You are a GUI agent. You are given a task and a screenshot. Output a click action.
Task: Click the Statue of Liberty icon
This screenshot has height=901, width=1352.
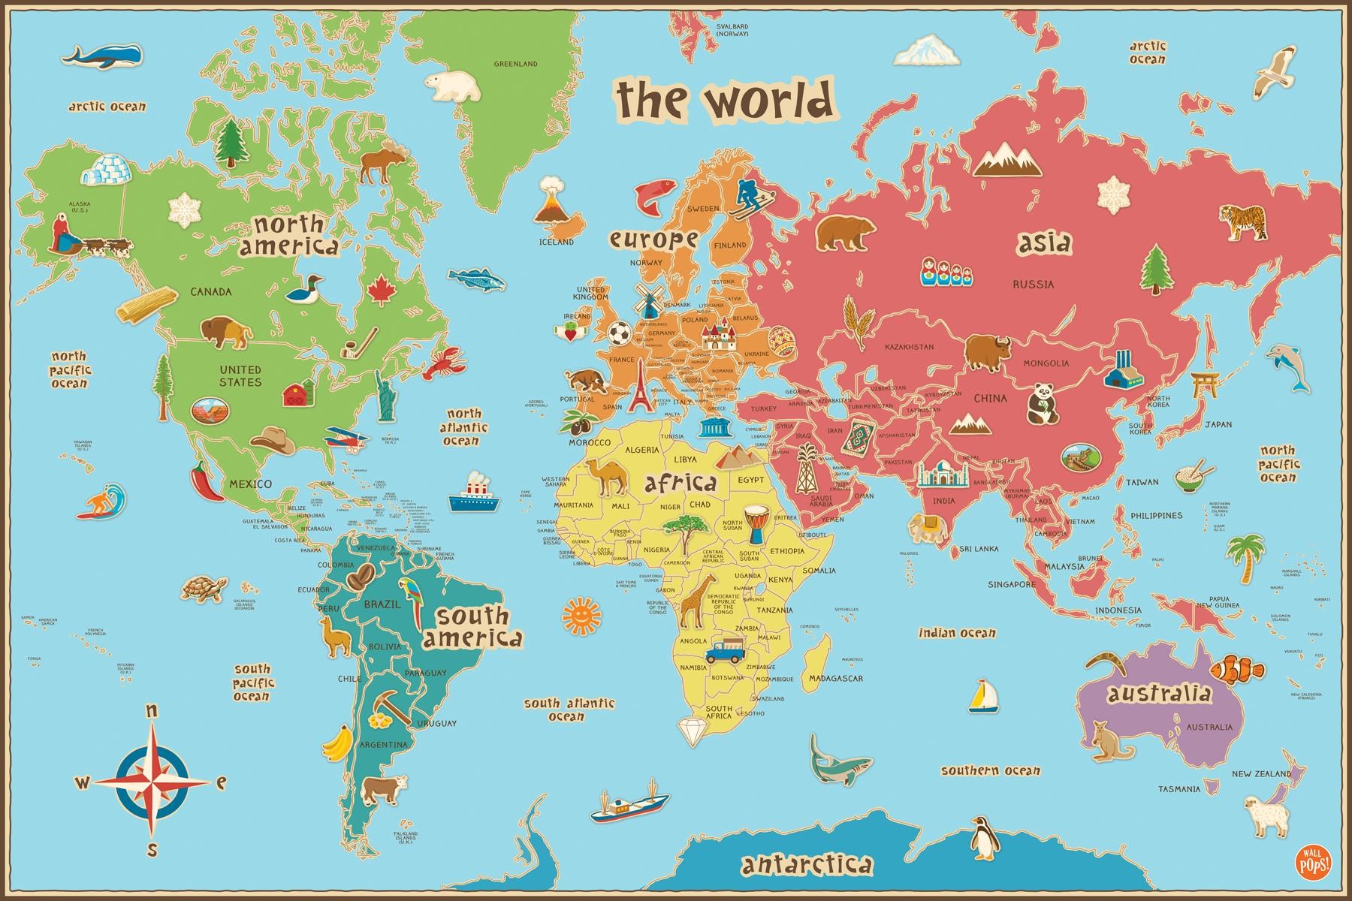pos(386,395)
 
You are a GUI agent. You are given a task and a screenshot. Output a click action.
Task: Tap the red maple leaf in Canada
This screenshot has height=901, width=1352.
pos(382,289)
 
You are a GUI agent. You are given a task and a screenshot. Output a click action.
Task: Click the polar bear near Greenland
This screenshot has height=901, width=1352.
pos(452,86)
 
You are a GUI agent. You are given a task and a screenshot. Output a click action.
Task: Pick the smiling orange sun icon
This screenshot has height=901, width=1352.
pos(581,615)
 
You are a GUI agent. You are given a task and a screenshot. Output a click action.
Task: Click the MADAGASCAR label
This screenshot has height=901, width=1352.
pos(835,678)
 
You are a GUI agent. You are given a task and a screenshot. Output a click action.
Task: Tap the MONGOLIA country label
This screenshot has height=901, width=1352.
pos(1046,363)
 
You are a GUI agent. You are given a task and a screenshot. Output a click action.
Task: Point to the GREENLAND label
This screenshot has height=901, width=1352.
pos(515,64)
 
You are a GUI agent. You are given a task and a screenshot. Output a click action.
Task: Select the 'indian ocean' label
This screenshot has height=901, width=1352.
pos(957,633)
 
